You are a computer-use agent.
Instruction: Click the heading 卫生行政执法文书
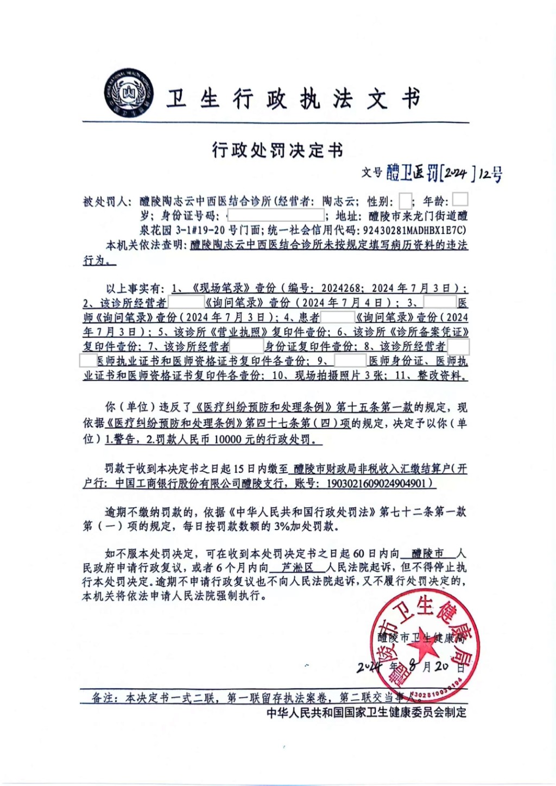[x=294, y=99]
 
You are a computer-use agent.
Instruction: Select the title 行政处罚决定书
[x=277, y=149]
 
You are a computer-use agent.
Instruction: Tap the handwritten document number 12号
[x=490, y=174]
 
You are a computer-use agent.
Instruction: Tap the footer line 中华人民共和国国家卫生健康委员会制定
[x=367, y=713]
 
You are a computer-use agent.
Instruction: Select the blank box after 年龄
[x=459, y=199]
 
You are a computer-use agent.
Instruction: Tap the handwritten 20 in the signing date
[x=441, y=665]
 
